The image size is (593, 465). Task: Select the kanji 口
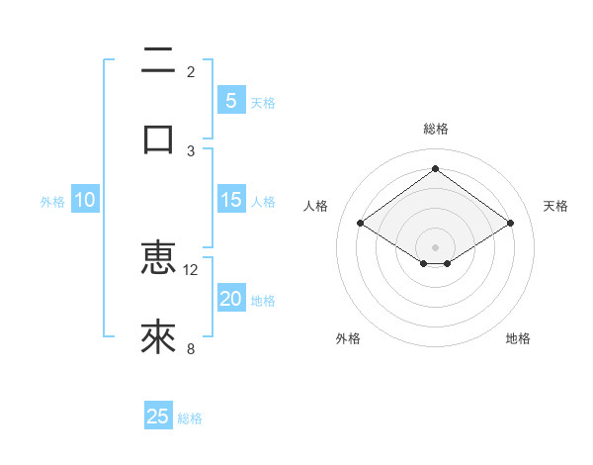[158, 139]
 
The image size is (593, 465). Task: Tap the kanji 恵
[158, 258]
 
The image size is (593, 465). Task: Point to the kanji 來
[158, 337]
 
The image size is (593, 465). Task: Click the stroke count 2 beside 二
[191, 72]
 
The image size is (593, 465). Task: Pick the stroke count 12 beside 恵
[191, 269]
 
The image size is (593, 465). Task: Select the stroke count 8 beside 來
[191, 348]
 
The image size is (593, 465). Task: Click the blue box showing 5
[230, 100]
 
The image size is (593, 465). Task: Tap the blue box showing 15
[230, 200]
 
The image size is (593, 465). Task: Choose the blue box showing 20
[230, 299]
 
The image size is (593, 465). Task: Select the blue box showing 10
[85, 200]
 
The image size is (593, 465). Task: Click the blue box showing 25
[158, 417]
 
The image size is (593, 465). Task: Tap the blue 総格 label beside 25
[190, 418]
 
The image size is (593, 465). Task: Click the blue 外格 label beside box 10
[52, 202]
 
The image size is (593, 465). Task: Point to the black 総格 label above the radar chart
[435, 129]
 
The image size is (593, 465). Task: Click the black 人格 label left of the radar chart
[315, 206]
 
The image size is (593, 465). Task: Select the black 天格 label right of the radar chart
[555, 206]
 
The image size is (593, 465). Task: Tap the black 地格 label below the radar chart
[518, 338]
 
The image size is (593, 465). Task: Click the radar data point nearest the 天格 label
[510, 224]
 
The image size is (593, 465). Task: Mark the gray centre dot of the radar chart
[435, 246]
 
